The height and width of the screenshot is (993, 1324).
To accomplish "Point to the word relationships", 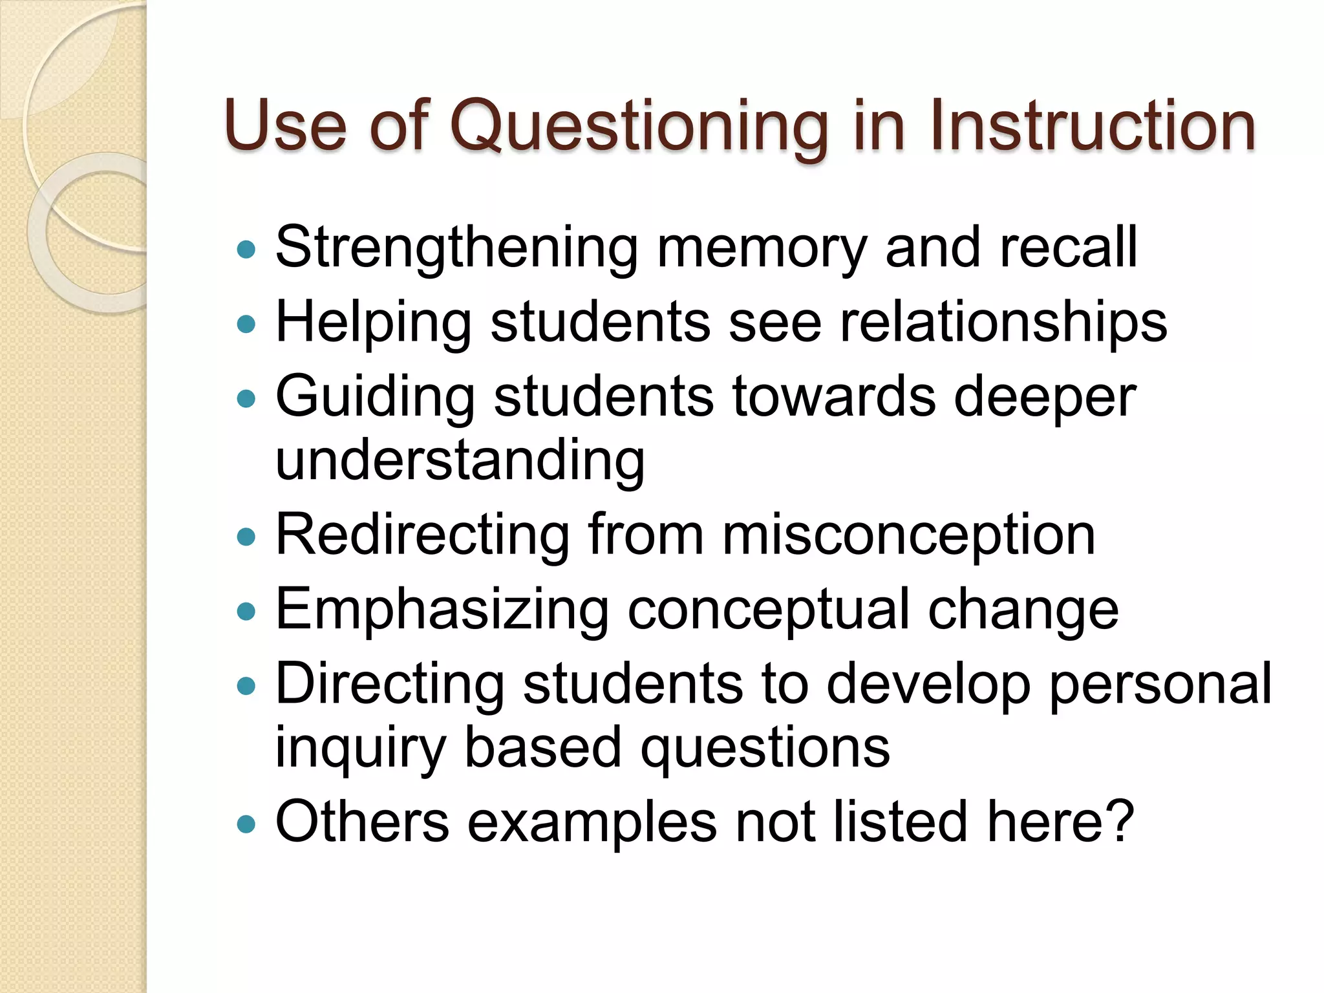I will pyautogui.click(x=1003, y=323).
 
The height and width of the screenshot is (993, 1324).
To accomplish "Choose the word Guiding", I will pyautogui.click(x=375, y=397).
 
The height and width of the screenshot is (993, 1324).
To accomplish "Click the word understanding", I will pyautogui.click(x=460, y=461).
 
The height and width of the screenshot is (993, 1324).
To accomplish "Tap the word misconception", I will pyautogui.click(x=908, y=535).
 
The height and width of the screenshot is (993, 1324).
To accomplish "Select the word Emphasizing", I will pyautogui.click(x=442, y=610).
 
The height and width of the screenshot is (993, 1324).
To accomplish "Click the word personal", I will pyautogui.click(x=1160, y=685).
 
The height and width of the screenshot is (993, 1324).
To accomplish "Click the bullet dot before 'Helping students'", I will pyautogui.click(x=246, y=323).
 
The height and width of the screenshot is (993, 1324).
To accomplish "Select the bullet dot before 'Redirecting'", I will pyautogui.click(x=246, y=537).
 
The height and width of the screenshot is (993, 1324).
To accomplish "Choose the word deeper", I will pyautogui.click(x=1045, y=398).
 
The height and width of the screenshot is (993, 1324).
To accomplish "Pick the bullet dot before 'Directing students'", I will pyautogui.click(x=246, y=685).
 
